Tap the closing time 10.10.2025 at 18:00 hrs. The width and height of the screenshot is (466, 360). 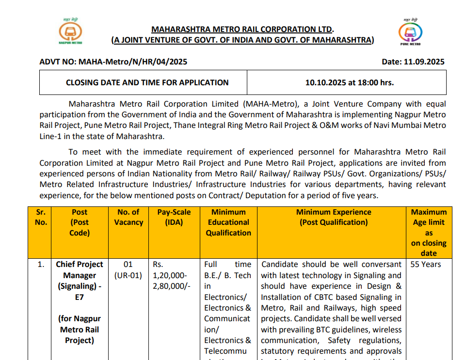[349, 82]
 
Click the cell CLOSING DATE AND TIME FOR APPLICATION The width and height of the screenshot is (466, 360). [147, 82]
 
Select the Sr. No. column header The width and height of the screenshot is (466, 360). [41, 217]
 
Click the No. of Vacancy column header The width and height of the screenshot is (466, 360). [128, 217]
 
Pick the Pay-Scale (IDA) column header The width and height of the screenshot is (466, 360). [174, 217]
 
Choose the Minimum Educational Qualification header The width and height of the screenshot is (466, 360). [228, 222]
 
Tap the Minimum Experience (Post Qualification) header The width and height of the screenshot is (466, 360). [334, 217]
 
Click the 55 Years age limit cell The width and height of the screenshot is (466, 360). [426, 264]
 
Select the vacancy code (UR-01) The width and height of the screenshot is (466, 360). [128, 275]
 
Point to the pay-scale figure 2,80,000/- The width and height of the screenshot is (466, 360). [172, 286]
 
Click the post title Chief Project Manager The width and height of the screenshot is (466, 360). [80, 270]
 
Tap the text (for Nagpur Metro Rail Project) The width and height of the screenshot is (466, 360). [80, 329]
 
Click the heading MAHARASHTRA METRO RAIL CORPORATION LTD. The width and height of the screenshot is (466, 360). [242, 30]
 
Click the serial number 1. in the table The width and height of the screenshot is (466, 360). [41, 264]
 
